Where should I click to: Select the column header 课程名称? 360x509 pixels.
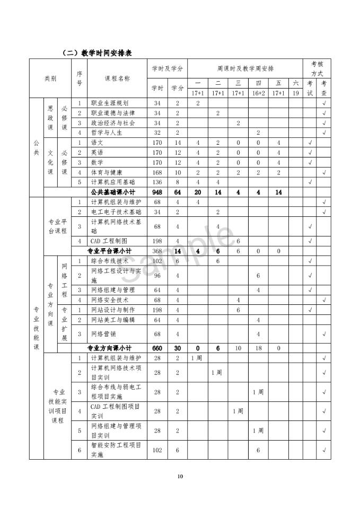[117, 78]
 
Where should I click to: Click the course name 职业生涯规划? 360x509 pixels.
[110, 103]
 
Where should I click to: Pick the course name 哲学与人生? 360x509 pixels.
[107, 133]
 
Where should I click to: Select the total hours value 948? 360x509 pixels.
[157, 192]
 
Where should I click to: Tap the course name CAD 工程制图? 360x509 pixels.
[109, 241]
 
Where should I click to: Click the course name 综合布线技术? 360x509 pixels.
[110, 261]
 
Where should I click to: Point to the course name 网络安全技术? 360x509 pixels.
[110, 300]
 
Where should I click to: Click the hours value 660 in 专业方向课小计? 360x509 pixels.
[157, 348]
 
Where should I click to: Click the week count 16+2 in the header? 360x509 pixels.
[258, 93]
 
